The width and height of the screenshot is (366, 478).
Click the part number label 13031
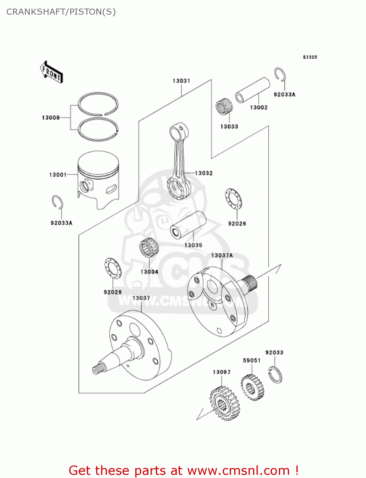click(x=181, y=81)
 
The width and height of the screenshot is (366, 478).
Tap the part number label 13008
click(x=51, y=118)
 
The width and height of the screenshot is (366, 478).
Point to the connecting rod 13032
click(x=179, y=163)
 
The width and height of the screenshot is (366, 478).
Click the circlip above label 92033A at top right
click(x=280, y=75)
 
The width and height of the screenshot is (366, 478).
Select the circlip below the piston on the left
click(x=57, y=202)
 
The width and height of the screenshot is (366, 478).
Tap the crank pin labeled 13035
click(x=188, y=224)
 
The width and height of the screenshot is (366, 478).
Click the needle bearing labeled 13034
click(x=149, y=248)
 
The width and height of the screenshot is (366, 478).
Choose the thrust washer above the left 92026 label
click(x=113, y=268)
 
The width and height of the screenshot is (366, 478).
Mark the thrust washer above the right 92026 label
click(x=233, y=199)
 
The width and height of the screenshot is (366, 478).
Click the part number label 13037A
click(x=222, y=256)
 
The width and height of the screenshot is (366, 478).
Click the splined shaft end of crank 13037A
click(x=251, y=284)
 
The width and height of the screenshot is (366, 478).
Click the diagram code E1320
click(x=310, y=57)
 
